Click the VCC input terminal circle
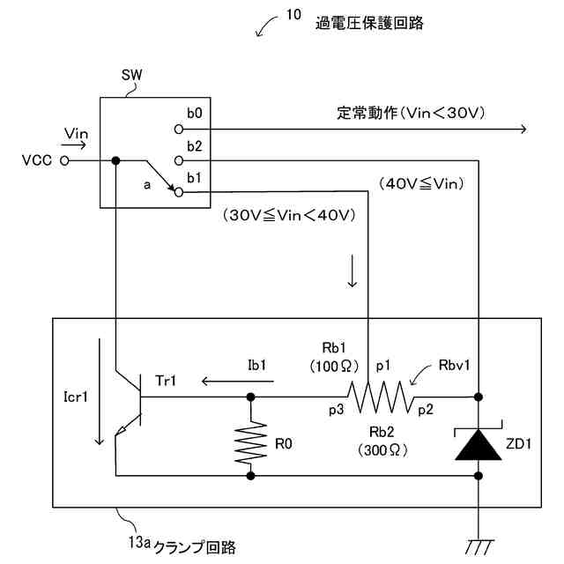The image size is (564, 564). [x=64, y=160]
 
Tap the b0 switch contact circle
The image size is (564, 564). [x=179, y=130]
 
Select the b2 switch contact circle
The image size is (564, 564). [x=179, y=160]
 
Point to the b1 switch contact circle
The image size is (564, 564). [x=179, y=193]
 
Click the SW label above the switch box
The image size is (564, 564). [x=131, y=75]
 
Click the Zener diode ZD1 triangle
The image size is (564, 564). [x=478, y=445]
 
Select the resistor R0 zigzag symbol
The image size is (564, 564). [x=250, y=443]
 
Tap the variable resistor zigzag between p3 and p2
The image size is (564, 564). [x=381, y=397]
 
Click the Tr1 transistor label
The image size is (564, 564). [x=166, y=381]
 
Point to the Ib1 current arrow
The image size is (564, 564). [x=237, y=382]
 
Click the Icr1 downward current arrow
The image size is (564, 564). [x=99, y=391]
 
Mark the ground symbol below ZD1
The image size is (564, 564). [x=479, y=546]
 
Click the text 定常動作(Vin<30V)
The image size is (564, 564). [x=411, y=114]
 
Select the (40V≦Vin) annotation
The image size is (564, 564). [x=421, y=184]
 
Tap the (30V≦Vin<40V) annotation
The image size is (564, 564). [x=289, y=215]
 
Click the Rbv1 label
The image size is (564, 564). [x=455, y=366]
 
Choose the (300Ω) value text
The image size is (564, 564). [x=382, y=450]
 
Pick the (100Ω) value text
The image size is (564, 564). [x=334, y=367]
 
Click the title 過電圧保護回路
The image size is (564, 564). [x=369, y=24]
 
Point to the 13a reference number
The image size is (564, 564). [x=139, y=543]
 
